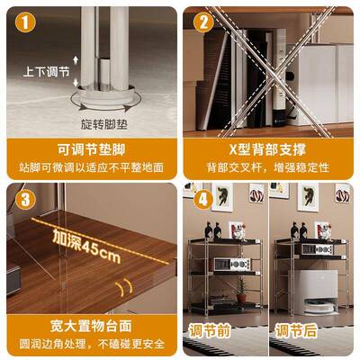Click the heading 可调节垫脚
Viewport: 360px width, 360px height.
point(89,148)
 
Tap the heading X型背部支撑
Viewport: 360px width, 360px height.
point(270,148)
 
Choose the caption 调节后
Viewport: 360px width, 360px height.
point(297,330)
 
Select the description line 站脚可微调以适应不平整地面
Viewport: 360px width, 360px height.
point(89,166)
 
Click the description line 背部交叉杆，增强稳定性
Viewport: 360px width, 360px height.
point(270,166)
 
